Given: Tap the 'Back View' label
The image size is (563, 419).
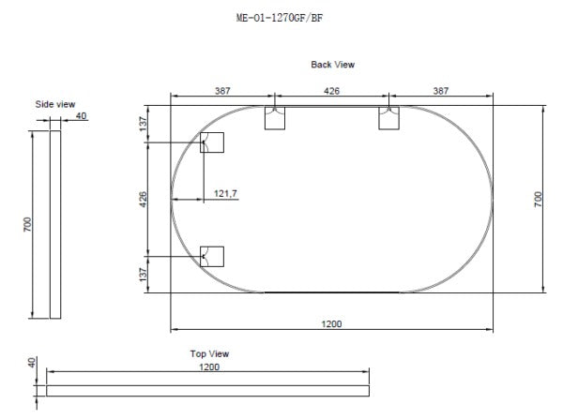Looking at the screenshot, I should pyautogui.click(x=332, y=65).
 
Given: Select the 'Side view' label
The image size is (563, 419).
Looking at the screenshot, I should pyautogui.click(x=55, y=104).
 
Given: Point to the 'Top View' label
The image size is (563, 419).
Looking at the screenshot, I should pyautogui.click(x=209, y=354).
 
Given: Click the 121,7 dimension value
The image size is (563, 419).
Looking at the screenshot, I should pyautogui.click(x=225, y=193).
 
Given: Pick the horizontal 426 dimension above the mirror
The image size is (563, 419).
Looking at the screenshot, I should pyautogui.click(x=331, y=91).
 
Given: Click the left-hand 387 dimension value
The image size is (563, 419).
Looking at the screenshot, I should pyautogui.click(x=221, y=91).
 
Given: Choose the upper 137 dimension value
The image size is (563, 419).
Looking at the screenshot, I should pyautogui.click(x=144, y=124).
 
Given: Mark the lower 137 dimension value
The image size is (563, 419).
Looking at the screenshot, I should pyautogui.click(x=144, y=274).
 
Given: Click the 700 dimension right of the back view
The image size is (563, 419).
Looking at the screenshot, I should pyautogui.click(x=539, y=199).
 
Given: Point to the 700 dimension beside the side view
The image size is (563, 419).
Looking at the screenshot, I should pyautogui.click(x=29, y=225).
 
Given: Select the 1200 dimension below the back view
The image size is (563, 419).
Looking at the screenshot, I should pyautogui.click(x=331, y=323).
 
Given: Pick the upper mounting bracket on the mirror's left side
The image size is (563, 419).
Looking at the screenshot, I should pyautogui.click(x=212, y=142).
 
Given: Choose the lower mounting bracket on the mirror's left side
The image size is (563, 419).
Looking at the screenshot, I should pyautogui.click(x=212, y=255).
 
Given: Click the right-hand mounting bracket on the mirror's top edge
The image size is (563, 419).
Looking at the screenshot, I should pyautogui.click(x=389, y=118).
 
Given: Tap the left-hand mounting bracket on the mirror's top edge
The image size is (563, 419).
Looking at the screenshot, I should pyautogui.click(x=275, y=118).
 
